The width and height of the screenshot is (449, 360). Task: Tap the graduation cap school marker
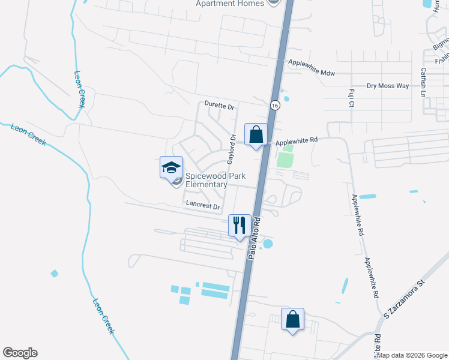171,167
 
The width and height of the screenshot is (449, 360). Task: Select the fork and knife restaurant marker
240,226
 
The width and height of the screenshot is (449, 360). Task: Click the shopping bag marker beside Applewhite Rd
256,135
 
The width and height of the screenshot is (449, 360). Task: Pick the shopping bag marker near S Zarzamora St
293,320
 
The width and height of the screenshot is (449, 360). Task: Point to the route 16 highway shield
274,105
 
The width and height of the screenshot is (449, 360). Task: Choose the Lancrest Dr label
202,205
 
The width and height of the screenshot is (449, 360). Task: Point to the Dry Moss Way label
388,86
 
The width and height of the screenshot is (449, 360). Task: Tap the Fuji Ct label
351,98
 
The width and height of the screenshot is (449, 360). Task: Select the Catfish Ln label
423,82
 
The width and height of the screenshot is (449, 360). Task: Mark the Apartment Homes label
230,4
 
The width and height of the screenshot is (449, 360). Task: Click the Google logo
20,353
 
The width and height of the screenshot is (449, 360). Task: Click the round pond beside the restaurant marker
268,244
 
